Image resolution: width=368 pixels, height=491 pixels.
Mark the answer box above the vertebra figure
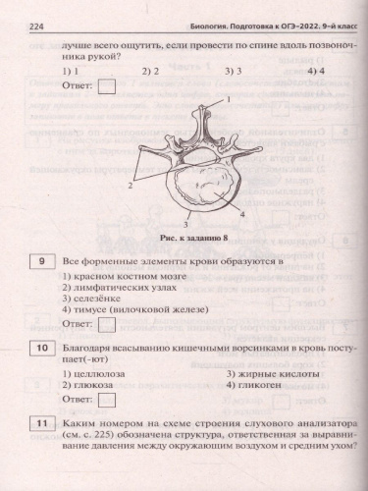[107, 86]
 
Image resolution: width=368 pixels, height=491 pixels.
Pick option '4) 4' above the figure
[317, 71]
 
